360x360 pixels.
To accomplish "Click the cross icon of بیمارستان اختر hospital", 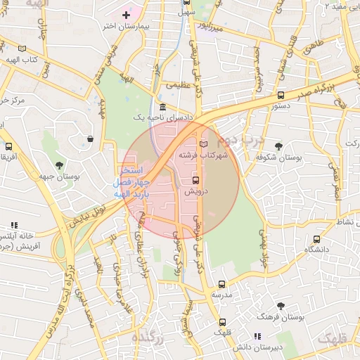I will click(126, 15).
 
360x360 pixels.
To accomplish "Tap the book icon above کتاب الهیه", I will click(23, 49).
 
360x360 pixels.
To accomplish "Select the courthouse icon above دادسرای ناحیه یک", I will click(163, 107).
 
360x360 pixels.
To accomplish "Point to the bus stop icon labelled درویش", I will click(196, 179).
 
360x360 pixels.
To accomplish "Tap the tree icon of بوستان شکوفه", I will click(279, 146).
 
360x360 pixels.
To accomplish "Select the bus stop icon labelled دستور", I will click(281, 95).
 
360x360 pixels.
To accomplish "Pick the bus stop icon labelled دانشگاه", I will click(317, 239).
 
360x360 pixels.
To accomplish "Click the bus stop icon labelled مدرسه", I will click(222, 284).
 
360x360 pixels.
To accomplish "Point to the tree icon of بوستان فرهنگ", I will click(281, 307).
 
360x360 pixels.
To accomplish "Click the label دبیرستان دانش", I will click(259, 347).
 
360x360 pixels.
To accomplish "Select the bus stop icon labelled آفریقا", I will click(8, 146).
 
